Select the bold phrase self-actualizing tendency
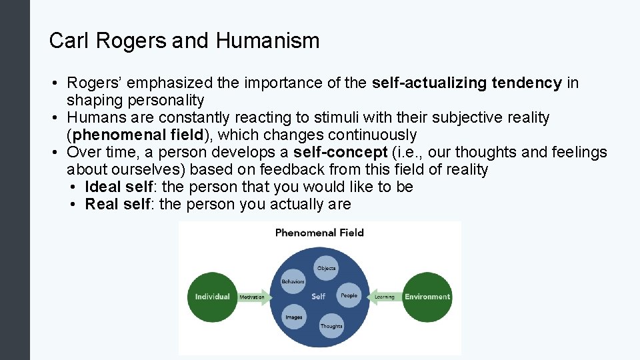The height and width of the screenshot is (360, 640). coord(467,83)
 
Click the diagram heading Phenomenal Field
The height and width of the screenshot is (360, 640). coord(319,233)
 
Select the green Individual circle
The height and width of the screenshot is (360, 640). coord(212,297)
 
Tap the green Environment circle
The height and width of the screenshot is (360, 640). coord(427,297)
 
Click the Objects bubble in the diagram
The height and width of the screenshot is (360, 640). coord(327,268)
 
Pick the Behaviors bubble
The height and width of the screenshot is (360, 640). coord(293,281)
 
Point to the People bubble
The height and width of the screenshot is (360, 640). coord(349,295)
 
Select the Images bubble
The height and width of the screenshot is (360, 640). coord(294,317)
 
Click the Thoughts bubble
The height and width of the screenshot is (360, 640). coord(331,326)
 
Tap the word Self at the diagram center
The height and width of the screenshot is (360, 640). coord(319,297)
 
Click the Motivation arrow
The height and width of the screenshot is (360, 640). coord(252,297)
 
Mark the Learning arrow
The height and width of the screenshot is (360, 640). coord(384,297)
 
